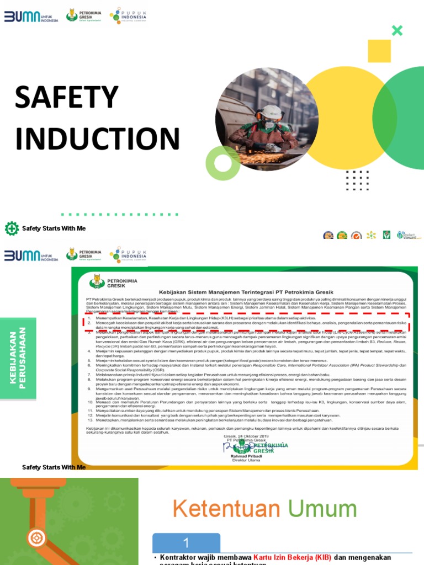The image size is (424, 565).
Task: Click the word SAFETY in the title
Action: pyautogui.click(x=67, y=98)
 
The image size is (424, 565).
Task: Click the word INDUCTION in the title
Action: pyautogui.click(x=98, y=139)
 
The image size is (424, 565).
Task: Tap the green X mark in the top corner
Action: pyautogui.click(x=397, y=30)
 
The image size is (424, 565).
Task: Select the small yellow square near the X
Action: pyautogui.click(x=379, y=51)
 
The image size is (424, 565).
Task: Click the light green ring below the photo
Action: pyautogui.click(x=222, y=163)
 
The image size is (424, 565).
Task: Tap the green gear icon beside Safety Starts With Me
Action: pyautogui.click(x=12, y=228)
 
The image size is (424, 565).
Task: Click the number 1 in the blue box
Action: pyautogui.click(x=186, y=542)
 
